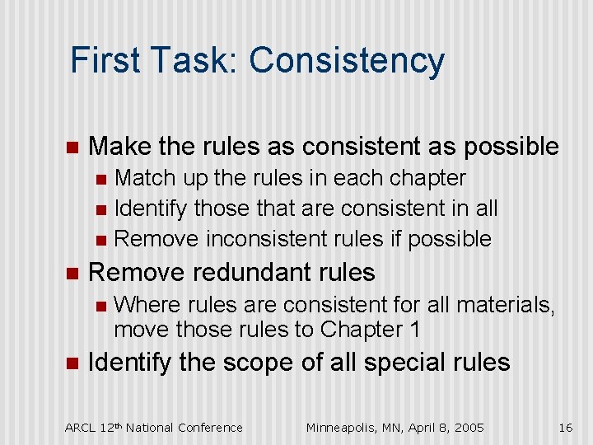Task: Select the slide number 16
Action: point(565,427)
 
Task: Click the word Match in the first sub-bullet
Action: point(146,178)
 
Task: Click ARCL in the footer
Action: point(80,427)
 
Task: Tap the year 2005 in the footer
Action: point(468,427)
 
